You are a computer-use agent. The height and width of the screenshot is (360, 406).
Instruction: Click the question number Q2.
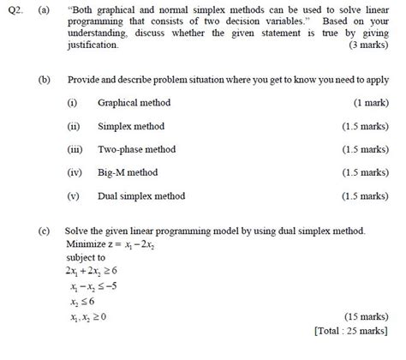13,9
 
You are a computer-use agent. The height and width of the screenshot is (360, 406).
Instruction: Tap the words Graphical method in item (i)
134,103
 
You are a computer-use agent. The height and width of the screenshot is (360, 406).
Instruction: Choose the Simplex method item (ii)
130,126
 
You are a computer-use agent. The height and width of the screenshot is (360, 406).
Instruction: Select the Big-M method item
128,172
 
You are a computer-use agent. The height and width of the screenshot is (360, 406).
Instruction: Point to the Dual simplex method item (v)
140,195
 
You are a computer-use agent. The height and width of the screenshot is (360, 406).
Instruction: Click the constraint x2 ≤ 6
83,301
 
